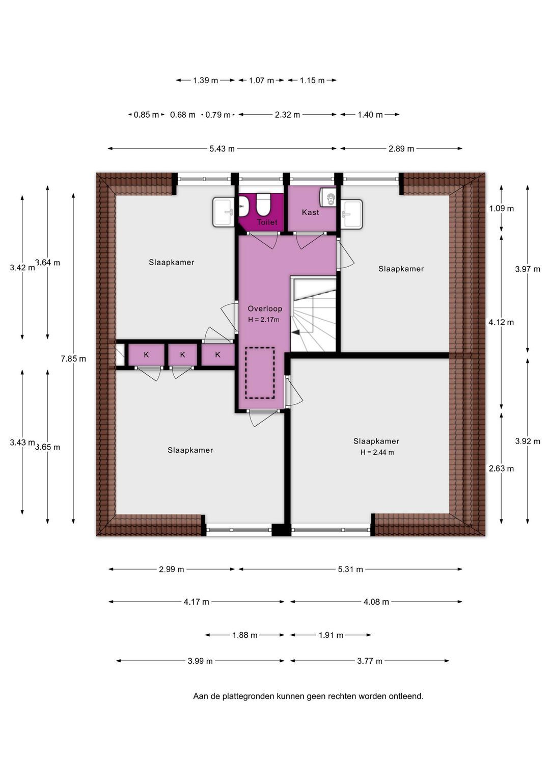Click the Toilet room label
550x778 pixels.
point(267,222)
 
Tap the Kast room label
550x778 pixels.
point(310,212)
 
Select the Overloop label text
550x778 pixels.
point(265,308)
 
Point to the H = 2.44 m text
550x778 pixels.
point(377,452)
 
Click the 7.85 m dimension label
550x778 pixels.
point(73,359)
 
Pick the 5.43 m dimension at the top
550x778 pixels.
point(222,149)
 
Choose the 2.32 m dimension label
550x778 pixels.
point(287,115)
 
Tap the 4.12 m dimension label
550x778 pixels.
point(501,322)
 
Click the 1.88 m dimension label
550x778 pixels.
point(244,635)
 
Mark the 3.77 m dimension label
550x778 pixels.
point(370,661)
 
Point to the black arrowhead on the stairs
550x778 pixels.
point(296,332)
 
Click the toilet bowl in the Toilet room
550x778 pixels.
point(263,205)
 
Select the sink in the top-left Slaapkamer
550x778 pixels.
point(224,212)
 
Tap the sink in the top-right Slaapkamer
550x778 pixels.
point(351,214)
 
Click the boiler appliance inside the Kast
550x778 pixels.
point(328,197)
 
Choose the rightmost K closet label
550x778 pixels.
point(217,355)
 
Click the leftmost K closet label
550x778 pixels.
point(147,355)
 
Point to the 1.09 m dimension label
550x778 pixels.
point(501,209)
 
